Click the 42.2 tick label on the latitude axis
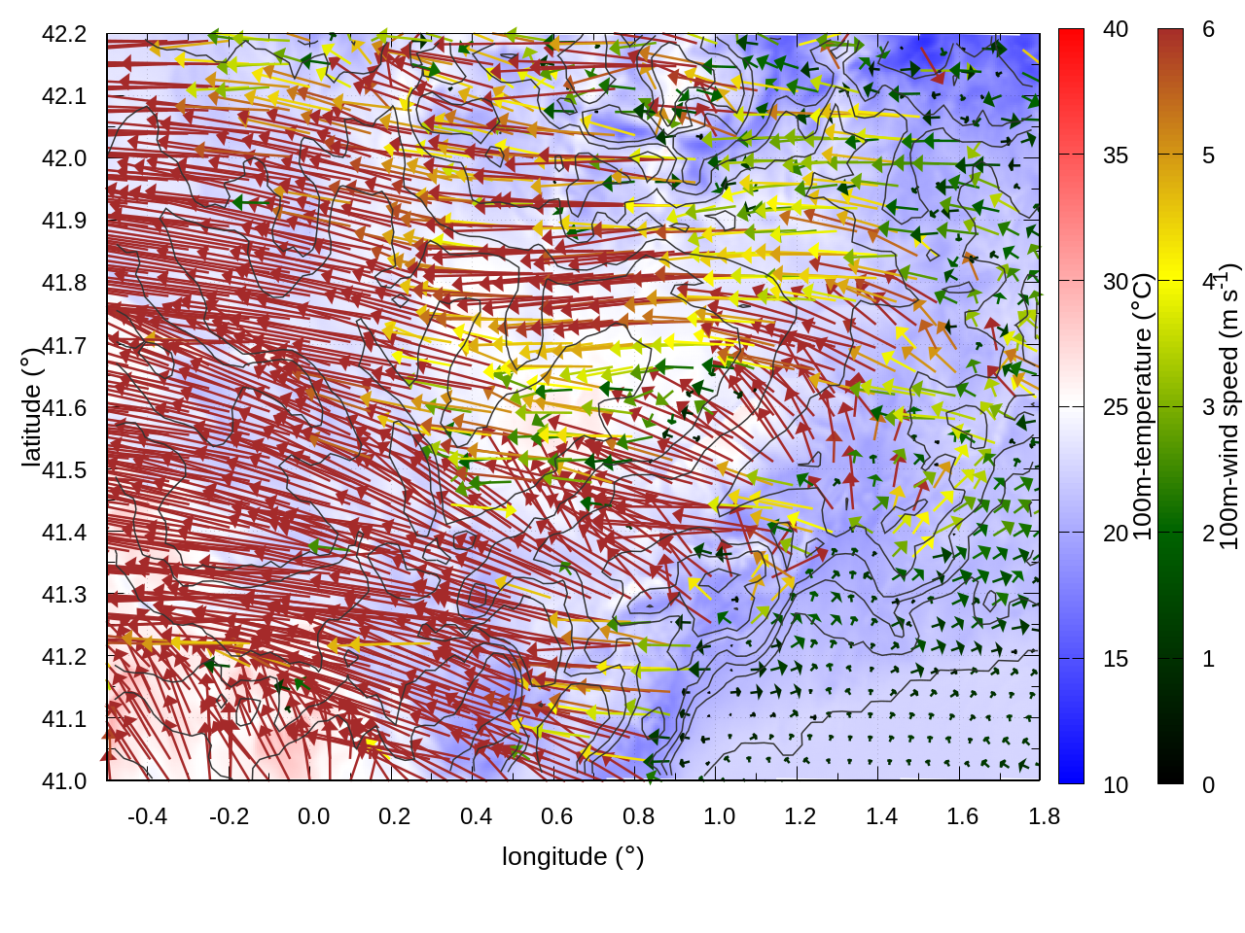point(64,34)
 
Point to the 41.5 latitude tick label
point(64,470)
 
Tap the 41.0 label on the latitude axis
point(64,781)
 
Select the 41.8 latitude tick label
point(64,283)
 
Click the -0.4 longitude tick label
point(147,816)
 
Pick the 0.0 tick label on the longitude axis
point(313,816)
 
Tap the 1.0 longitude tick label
point(719,816)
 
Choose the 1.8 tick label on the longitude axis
point(1044,816)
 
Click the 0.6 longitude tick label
point(556,816)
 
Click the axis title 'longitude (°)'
point(573,856)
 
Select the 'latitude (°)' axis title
point(31,406)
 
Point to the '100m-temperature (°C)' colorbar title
point(1143,406)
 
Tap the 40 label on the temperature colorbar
point(1116,29)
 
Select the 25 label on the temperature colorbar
point(1116,407)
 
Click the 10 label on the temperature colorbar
point(1116,784)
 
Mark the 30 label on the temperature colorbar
point(1116,282)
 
